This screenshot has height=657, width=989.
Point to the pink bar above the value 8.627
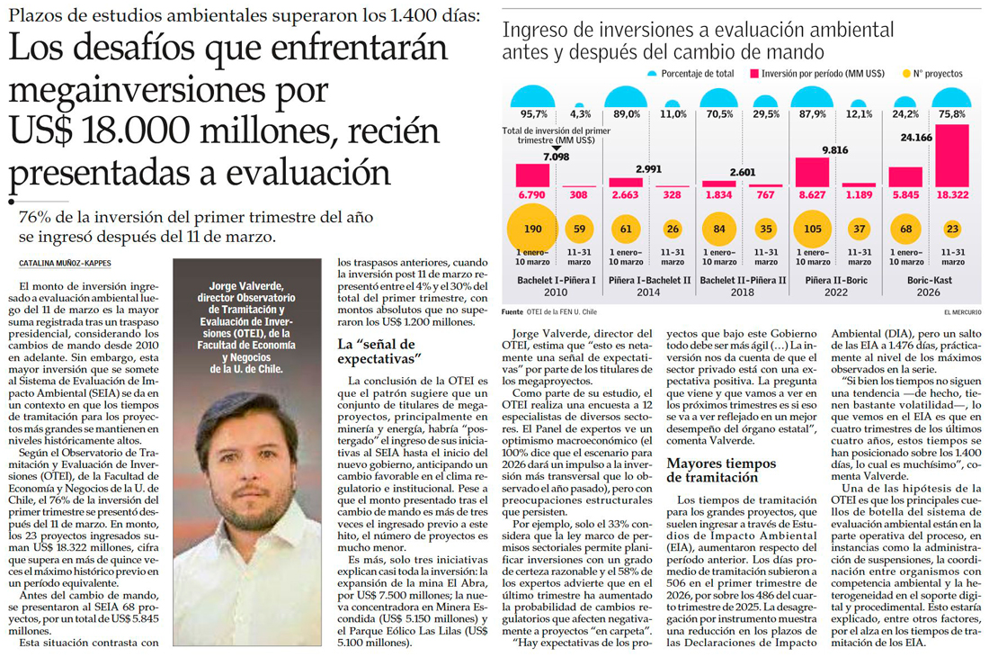pyautogui.click(x=811, y=172)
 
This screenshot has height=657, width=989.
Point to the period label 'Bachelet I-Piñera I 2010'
pyautogui.click(x=557, y=286)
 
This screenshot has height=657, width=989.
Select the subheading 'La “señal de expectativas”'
pyautogui.click(x=380, y=352)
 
